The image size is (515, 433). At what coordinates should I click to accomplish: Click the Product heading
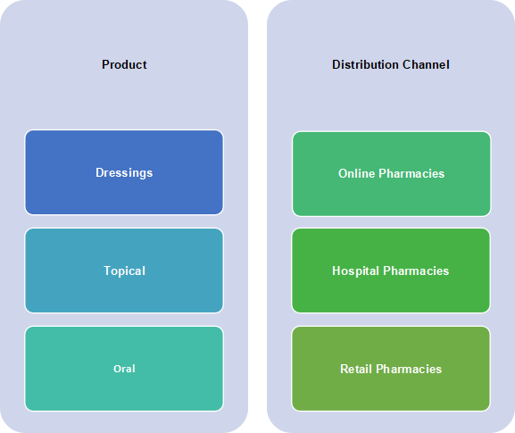tap(124, 64)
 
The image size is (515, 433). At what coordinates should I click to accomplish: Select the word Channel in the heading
tap(426, 64)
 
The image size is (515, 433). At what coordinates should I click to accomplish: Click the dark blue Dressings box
tap(124, 172)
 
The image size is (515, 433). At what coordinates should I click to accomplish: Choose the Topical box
tap(124, 271)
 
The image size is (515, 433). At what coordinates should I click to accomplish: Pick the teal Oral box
tap(124, 369)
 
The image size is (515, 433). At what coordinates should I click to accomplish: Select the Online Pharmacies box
tap(391, 174)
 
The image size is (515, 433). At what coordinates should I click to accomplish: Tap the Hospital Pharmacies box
tap(391, 271)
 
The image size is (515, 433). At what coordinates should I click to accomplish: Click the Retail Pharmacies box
tap(391, 369)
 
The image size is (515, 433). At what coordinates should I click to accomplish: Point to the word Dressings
tap(124, 173)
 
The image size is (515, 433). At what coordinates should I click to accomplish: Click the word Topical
tap(124, 271)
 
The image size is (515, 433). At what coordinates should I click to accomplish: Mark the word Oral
tap(124, 369)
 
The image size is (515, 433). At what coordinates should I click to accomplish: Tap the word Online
tap(357, 173)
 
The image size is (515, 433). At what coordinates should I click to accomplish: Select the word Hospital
tap(356, 271)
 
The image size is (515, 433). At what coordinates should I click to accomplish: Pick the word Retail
tap(356, 369)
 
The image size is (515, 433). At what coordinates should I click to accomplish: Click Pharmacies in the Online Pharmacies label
tap(411, 173)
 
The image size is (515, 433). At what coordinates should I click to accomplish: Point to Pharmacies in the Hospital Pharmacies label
tap(416, 271)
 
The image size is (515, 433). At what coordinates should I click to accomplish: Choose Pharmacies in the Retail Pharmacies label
tap(409, 369)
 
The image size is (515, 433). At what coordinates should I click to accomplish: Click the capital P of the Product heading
tap(105, 64)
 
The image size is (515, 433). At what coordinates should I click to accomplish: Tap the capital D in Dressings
tap(100, 172)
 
